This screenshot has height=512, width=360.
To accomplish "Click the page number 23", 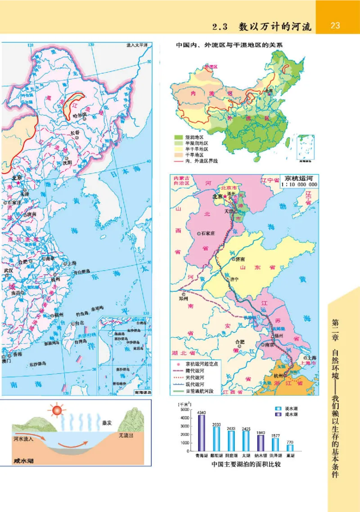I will tap(335, 26).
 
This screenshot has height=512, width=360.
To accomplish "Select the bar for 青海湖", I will tap(201, 432).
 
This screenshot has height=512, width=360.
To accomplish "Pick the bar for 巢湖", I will tap(290, 447).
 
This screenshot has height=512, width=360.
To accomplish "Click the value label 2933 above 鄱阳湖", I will tap(216, 424).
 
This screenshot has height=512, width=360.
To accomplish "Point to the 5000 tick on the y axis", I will tap(185, 409).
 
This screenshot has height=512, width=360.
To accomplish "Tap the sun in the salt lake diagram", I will tap(57, 410).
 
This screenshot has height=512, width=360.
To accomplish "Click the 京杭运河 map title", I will tap(298, 178).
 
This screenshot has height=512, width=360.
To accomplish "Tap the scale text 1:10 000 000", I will tap(298, 185).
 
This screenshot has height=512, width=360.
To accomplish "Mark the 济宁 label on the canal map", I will tap(234, 279).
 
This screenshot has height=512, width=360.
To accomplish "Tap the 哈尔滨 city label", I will tap(79, 115).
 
